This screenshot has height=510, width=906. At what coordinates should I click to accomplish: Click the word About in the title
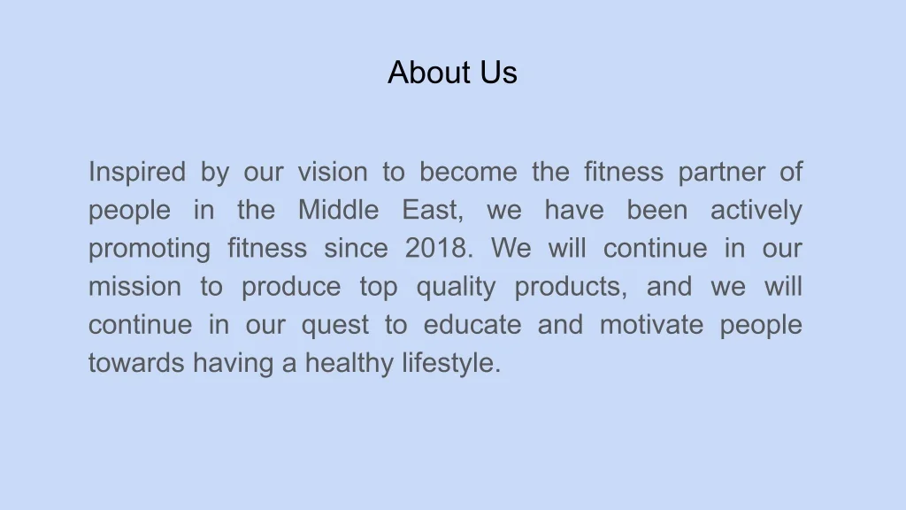click(428, 73)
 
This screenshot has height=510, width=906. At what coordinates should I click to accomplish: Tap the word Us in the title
click(499, 73)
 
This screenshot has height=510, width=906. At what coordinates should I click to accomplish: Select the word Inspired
click(137, 173)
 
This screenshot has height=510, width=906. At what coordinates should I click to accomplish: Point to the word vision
click(333, 172)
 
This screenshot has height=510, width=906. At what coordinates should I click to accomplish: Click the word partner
click(722, 173)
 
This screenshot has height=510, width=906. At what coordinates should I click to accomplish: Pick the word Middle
click(339, 209)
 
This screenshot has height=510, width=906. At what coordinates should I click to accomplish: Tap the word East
click(432, 210)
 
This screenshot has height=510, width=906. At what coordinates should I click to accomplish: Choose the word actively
click(756, 211)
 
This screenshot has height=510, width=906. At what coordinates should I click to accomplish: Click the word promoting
click(150, 249)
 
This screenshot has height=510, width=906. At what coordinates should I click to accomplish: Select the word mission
click(134, 286)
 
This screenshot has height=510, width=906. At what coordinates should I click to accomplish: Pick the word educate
click(472, 324)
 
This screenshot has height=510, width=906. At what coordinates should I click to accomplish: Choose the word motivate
click(652, 324)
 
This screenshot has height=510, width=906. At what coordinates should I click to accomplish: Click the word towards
click(136, 363)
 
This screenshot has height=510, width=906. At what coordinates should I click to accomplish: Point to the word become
click(469, 172)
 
